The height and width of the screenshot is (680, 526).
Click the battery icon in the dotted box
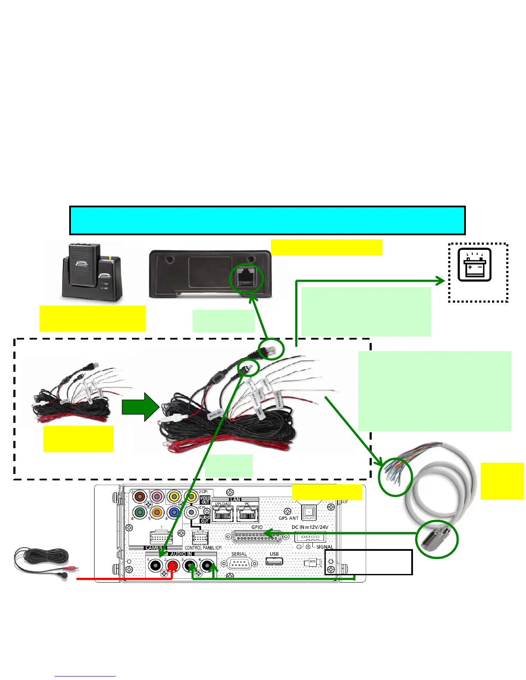[474, 265]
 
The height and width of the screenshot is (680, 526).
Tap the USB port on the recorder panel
[274, 561]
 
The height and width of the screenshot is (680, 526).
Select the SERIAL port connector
[239, 563]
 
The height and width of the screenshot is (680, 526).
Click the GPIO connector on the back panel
[257, 537]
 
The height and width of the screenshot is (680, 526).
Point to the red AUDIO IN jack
[172, 566]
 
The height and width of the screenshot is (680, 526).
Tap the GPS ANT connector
[309, 513]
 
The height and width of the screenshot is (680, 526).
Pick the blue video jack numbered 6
[174, 513]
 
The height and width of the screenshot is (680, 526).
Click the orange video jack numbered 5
[157, 513]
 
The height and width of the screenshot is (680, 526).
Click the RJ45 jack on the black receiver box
[247, 278]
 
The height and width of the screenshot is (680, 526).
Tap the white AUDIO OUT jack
[191, 513]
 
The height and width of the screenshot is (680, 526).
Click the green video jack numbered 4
[140, 513]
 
